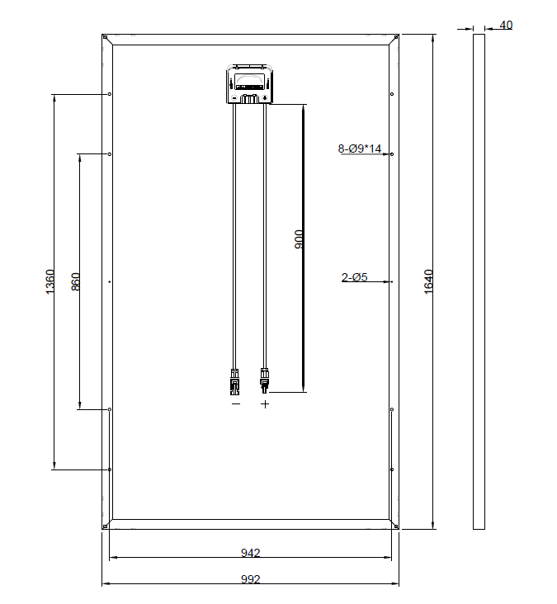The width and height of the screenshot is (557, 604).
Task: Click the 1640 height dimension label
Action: click(428, 281)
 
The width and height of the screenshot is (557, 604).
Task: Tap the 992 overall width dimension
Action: click(250, 579)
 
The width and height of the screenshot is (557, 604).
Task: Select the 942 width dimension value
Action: click(250, 553)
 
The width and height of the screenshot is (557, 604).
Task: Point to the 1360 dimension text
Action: click(50, 281)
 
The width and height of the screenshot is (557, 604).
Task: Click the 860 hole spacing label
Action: click(76, 281)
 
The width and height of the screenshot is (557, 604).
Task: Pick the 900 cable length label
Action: click(299, 238)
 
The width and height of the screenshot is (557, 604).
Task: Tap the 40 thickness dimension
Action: click(506, 25)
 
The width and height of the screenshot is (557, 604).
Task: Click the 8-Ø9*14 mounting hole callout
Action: click(360, 149)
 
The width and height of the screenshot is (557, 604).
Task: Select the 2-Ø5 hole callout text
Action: click(354, 277)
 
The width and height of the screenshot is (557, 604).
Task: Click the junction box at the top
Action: click(250, 84)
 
